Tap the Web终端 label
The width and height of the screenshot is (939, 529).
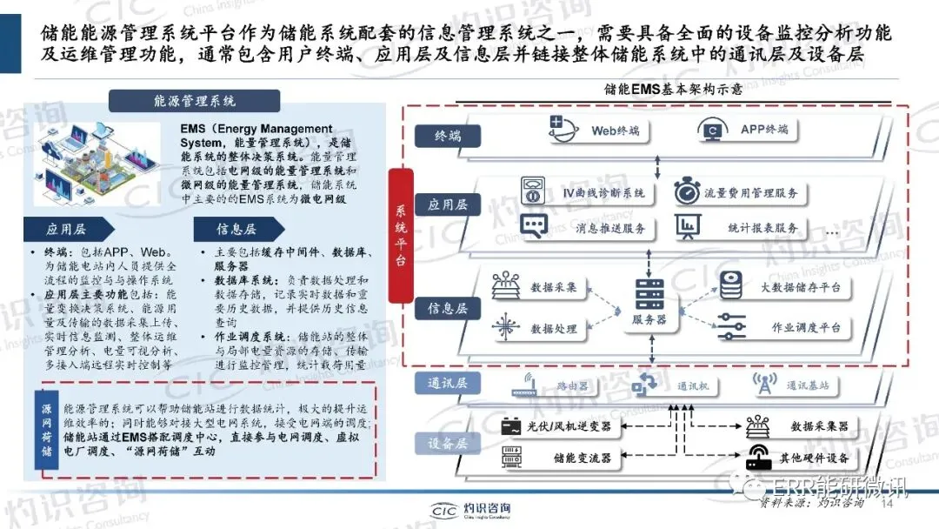point(616,131)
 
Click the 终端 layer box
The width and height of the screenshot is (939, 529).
point(450,135)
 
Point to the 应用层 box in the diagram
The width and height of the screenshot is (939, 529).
point(449,204)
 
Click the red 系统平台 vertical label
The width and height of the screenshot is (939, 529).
point(401,236)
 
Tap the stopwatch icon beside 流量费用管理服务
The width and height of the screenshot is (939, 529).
point(688,191)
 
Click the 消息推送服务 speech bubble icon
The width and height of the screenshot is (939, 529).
point(532,228)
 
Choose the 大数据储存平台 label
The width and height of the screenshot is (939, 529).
point(800,287)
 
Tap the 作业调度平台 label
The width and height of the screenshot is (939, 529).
point(806,328)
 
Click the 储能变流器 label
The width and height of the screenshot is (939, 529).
point(582,458)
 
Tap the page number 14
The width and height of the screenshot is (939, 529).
point(888,504)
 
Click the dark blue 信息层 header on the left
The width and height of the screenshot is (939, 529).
point(236,230)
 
